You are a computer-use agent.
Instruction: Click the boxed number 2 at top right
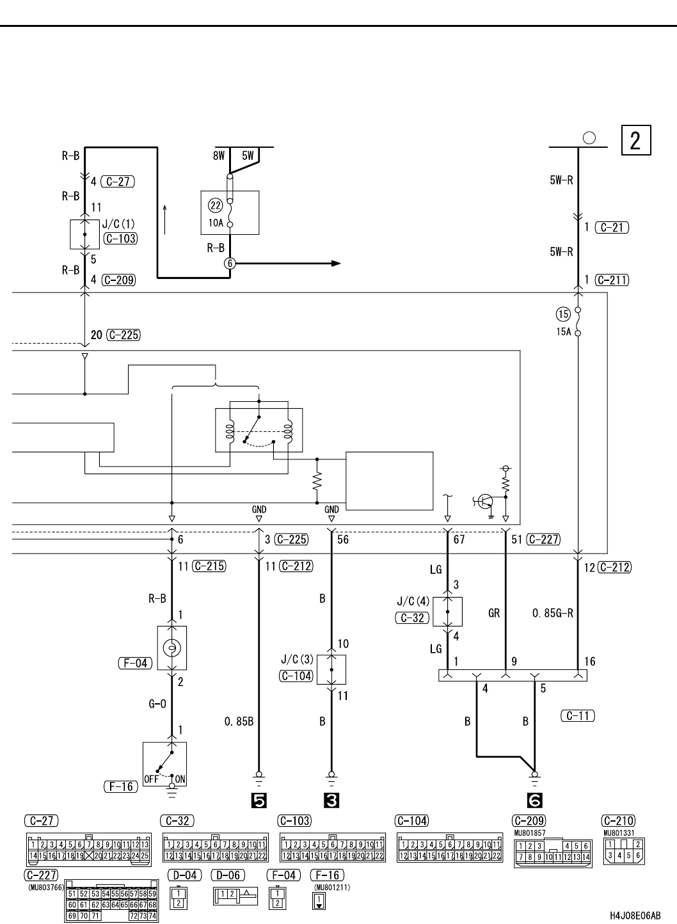pyautogui.click(x=636, y=141)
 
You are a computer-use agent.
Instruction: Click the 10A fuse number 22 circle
pyautogui.click(x=216, y=205)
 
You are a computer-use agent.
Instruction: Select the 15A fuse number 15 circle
pyautogui.click(x=563, y=314)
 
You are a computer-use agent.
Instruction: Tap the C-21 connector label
pyautogui.click(x=612, y=227)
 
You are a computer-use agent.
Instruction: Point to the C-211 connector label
pyautogui.click(x=611, y=280)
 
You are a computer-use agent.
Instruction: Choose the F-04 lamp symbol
pyautogui.click(x=171, y=649)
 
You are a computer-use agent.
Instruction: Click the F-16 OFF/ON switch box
pyautogui.click(x=164, y=764)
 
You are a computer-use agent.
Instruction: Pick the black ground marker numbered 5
pyautogui.click(x=259, y=800)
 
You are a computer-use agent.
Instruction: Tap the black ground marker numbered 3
pyautogui.click(x=331, y=800)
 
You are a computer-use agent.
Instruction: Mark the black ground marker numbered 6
pyautogui.click(x=534, y=800)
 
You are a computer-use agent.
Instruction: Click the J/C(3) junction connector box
pyautogui.click(x=331, y=669)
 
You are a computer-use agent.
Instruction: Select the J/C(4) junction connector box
pyautogui.click(x=447, y=612)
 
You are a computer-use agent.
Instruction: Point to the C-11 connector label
pyautogui.click(x=577, y=716)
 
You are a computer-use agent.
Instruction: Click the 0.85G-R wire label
pyautogui.click(x=553, y=613)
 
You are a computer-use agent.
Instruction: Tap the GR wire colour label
pyautogui.click(x=494, y=613)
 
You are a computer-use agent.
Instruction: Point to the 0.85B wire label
pyautogui.click(x=239, y=722)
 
